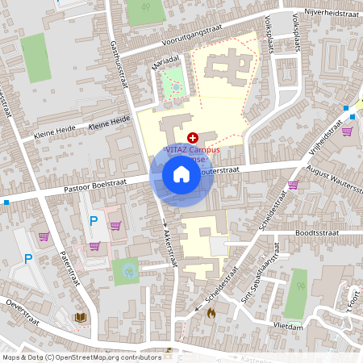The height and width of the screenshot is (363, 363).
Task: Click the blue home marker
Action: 181,174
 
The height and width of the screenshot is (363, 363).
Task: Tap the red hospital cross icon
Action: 192,139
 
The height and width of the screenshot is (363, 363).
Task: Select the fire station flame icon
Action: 211,312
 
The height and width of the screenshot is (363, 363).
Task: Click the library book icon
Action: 81,317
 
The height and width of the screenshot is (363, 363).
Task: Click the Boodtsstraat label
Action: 318,232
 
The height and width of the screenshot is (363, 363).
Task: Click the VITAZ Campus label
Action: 194,149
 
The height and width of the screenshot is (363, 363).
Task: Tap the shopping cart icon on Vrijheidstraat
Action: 348,132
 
